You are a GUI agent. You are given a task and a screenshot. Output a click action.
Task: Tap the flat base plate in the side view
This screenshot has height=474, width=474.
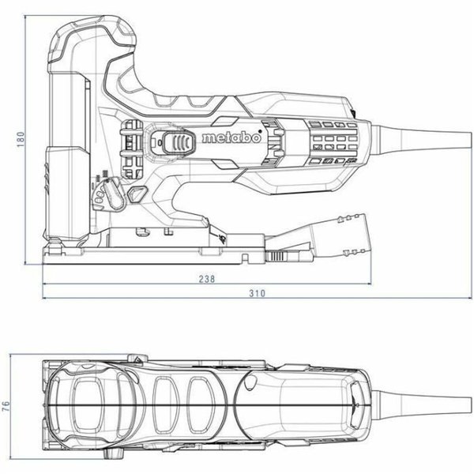[158, 254]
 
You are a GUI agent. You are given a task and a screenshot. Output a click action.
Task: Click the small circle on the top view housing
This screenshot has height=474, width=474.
[250, 382]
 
